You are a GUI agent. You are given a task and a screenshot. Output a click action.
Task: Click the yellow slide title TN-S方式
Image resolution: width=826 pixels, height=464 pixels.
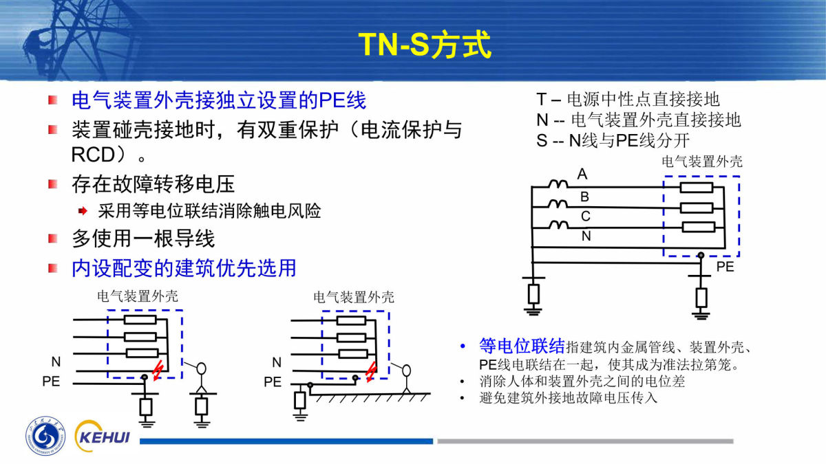point(425,45)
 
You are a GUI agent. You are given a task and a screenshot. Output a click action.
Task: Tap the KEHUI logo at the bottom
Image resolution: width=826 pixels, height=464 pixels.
point(102,437)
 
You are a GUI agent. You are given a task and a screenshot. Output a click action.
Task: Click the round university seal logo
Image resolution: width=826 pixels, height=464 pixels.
point(45,437)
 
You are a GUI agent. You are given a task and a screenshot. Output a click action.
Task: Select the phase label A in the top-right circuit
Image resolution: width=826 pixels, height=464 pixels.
point(582,174)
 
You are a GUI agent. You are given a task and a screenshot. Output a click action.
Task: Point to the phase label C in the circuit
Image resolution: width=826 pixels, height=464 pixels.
point(586,216)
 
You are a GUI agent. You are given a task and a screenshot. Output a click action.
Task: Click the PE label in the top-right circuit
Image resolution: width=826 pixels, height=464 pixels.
point(725,267)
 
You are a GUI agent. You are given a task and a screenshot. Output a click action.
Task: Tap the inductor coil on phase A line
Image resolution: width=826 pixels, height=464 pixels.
point(558,184)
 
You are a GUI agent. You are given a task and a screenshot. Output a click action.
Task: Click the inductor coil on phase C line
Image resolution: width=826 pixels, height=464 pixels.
point(559,225)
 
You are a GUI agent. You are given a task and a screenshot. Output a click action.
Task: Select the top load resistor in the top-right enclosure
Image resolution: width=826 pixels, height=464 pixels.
point(696,188)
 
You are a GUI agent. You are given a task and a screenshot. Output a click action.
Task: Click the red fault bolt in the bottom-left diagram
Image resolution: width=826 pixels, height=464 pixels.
point(158,370)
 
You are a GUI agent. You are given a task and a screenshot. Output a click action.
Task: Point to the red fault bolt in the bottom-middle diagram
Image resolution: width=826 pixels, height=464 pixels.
point(370,371)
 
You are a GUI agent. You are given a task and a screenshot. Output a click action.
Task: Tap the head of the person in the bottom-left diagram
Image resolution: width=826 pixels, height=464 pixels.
point(201,368)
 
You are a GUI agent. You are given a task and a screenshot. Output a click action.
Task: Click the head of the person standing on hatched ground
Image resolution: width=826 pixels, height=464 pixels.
point(406,371)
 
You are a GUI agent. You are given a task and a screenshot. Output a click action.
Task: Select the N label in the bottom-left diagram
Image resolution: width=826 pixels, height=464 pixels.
point(56,362)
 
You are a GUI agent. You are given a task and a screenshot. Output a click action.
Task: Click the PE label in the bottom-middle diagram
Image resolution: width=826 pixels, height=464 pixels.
point(273,382)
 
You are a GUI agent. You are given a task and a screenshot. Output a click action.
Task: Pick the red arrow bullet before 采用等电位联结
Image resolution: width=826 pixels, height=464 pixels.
point(83,211)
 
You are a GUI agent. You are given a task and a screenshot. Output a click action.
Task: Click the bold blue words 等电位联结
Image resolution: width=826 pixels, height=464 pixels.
point(522,346)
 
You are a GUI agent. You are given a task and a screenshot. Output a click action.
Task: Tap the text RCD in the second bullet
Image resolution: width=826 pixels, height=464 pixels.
point(94,155)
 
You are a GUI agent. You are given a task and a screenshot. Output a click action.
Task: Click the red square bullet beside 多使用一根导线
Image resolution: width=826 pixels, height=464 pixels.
point(53,239)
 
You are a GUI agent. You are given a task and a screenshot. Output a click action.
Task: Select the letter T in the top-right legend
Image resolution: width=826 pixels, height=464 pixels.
point(541,99)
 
